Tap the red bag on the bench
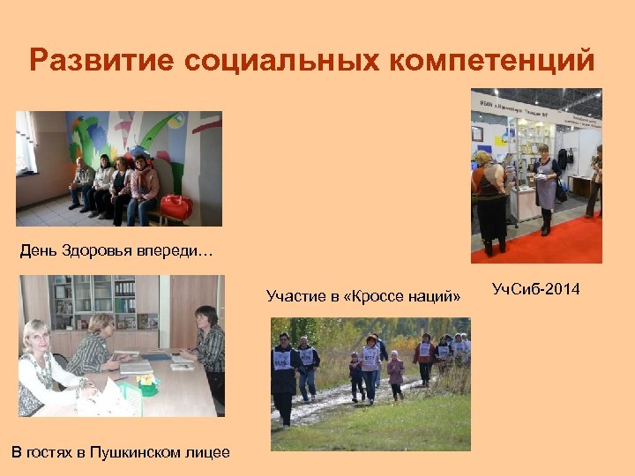coord(176,208)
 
